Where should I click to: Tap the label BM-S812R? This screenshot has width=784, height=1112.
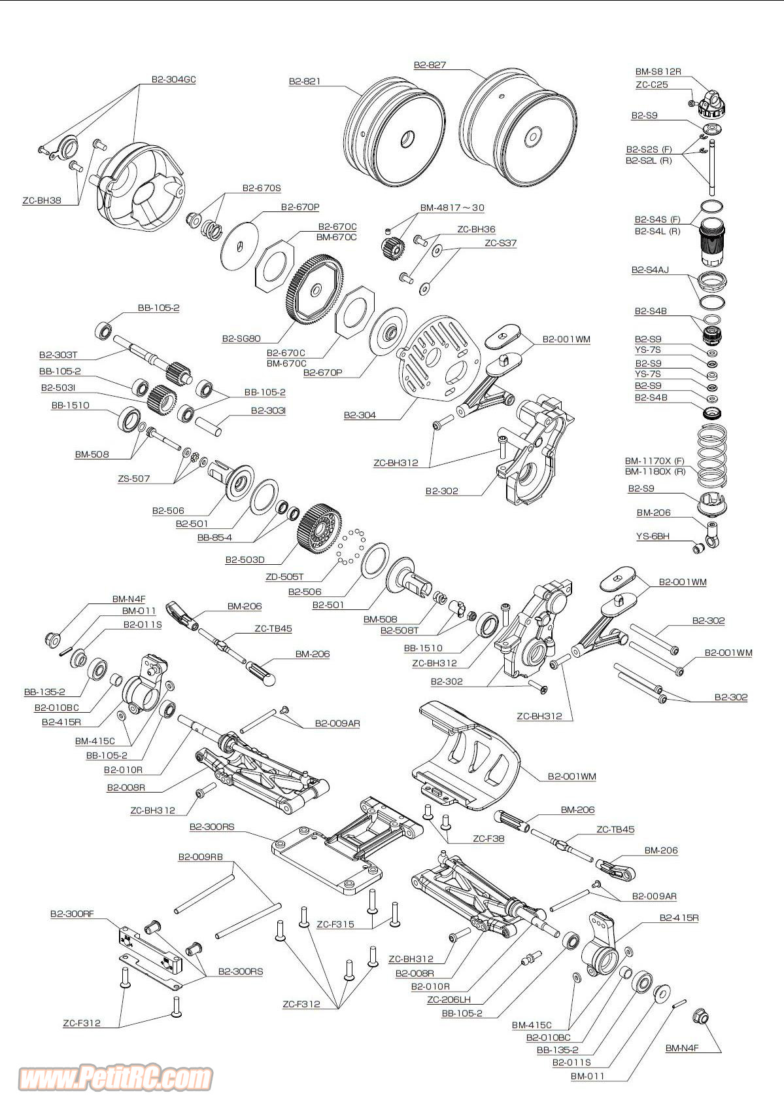658,72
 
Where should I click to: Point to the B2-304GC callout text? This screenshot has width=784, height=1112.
173,80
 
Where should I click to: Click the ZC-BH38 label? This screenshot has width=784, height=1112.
42,201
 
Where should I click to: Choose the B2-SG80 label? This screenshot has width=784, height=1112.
241,338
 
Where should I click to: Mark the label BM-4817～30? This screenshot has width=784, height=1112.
452,208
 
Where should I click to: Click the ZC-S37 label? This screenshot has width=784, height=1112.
500,243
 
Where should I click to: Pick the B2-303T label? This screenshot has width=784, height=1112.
58,355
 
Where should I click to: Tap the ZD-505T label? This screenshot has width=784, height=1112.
284,577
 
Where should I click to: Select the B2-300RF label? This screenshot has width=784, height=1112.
72,914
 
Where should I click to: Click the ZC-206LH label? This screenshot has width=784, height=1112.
449,999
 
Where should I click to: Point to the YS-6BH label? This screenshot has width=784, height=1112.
653,537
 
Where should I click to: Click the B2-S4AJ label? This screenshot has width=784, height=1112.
650,270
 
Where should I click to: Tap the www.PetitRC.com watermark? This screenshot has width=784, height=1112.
115,1077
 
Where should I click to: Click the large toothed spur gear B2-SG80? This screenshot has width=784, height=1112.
315,290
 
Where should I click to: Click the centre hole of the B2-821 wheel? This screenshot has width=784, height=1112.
407,138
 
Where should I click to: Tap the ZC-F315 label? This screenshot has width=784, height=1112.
335,925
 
